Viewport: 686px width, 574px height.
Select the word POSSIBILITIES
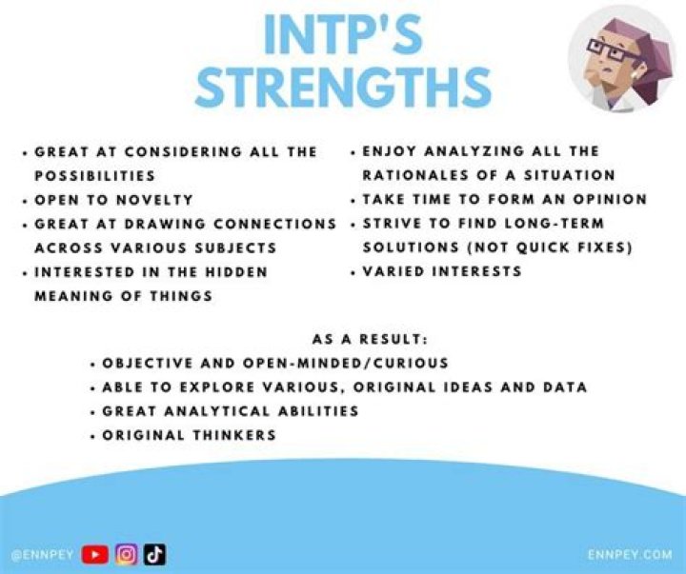[95, 176]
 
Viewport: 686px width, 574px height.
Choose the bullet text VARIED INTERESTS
[442, 271]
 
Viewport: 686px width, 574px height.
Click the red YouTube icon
[95, 553]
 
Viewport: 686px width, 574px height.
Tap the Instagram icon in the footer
[126, 553]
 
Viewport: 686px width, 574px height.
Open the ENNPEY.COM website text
[629, 553]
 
